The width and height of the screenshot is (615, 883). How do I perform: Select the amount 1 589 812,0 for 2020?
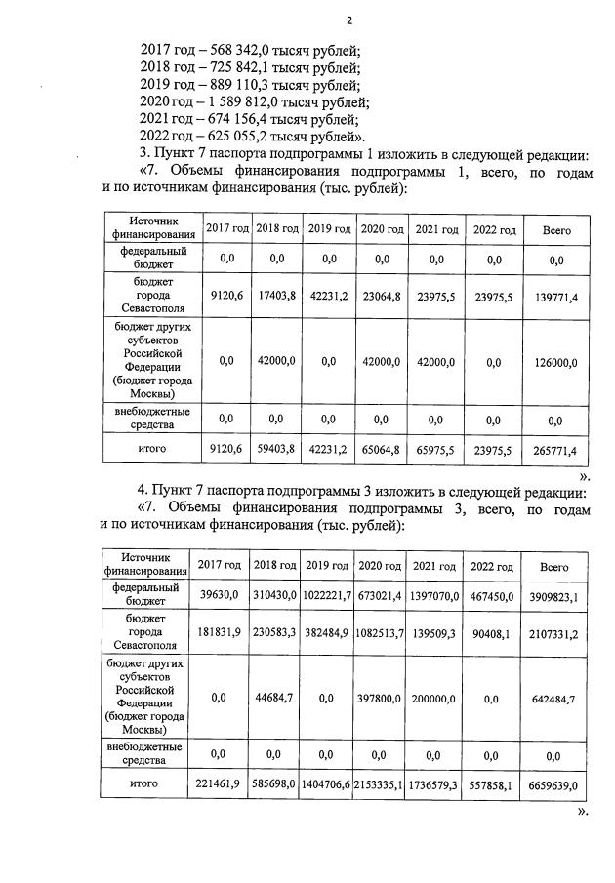coord(244,102)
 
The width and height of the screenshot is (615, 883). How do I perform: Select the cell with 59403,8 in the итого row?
coord(276,450)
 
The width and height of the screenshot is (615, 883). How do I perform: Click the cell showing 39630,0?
coord(219,596)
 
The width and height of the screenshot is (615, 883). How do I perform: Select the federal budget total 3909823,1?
coord(554,596)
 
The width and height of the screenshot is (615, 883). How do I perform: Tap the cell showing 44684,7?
coord(275,698)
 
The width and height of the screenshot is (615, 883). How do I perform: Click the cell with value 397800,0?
coord(381,698)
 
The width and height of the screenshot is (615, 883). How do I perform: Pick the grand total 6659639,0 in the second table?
coord(554,783)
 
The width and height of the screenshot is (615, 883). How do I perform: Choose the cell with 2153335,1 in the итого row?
coord(381,783)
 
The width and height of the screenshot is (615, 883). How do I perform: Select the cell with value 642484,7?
coord(554,698)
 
